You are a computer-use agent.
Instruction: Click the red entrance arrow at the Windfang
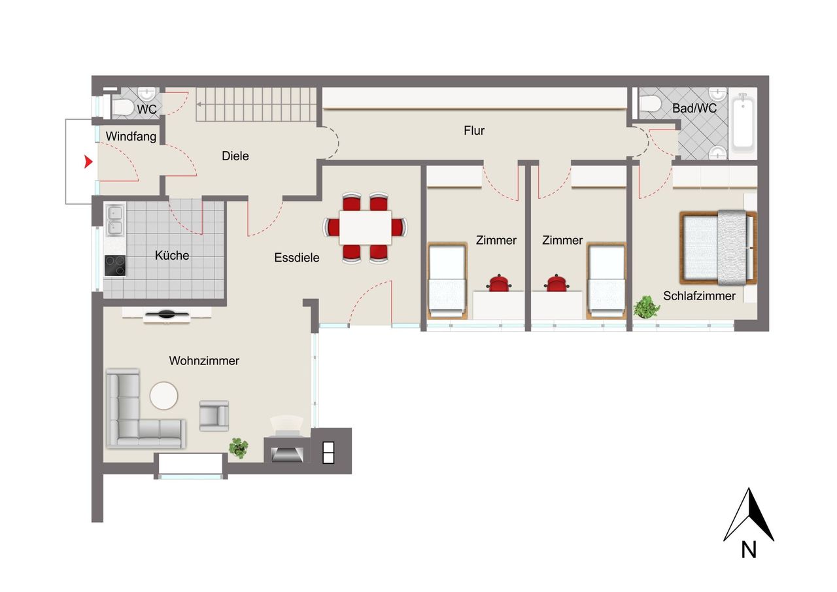coord(88,162)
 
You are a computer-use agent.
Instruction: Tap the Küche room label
coord(172,256)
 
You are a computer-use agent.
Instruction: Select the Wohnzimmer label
coord(204,361)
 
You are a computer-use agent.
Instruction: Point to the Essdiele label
coord(297,258)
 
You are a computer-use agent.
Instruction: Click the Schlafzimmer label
coord(699,296)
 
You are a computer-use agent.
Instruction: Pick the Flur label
coord(474,130)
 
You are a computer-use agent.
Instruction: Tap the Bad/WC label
coord(694,109)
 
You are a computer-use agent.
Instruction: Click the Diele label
coord(235,156)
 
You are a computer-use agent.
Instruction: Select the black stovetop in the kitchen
coord(115,266)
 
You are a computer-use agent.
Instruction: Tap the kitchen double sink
coord(115,220)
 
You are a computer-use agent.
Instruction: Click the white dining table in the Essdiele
coord(365,228)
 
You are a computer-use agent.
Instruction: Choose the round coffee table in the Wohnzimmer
coord(163,396)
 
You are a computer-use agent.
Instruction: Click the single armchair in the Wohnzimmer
coord(214,416)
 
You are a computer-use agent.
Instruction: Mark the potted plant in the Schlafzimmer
coord(646,307)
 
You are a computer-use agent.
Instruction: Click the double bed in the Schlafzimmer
coord(718,247)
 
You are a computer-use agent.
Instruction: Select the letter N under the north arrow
coord(749,550)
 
